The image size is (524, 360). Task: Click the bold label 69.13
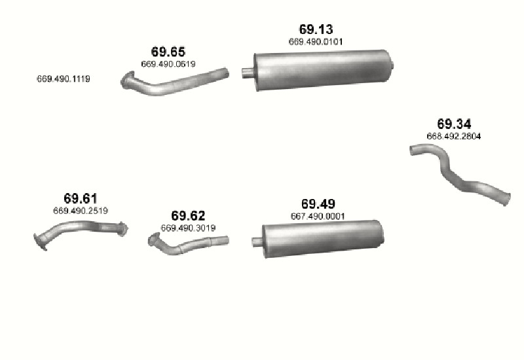pos(316,29)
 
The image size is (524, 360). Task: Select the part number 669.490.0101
pos(316,42)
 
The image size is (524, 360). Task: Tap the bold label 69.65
pos(168,52)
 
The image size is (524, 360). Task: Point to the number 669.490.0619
pos(168,63)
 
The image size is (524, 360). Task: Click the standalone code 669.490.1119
pos(64,79)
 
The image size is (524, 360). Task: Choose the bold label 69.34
pos(454,124)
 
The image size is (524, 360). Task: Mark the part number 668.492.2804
pos(454,136)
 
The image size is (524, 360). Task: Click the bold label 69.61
pos(80,198)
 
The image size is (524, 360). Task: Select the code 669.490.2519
pos(80,211)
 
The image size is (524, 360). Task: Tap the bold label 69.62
pos(188,216)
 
